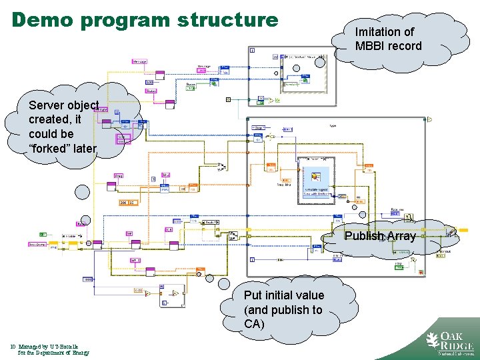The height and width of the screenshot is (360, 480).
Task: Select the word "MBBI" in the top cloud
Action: [x=370, y=46]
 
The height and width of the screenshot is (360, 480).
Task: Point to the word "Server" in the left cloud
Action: [x=46, y=105]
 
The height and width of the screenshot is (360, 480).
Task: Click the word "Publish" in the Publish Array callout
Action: [x=365, y=236]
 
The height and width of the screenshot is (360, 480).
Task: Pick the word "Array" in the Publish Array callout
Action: [x=401, y=236]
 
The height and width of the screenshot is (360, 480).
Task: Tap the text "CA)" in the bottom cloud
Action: [x=254, y=325]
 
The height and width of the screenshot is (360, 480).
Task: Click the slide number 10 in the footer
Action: [x=13, y=346]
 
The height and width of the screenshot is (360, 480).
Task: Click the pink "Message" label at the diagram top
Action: [x=139, y=61]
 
